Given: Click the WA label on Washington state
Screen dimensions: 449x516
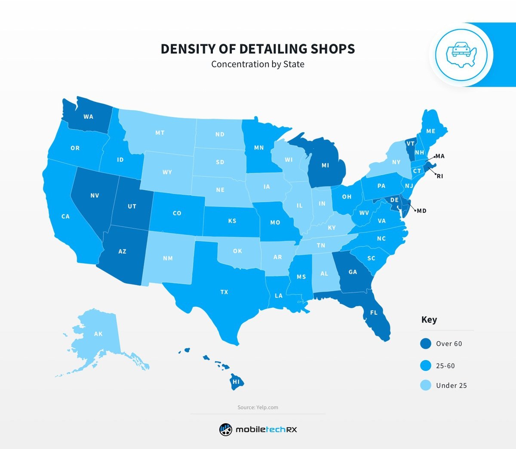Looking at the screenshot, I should coord(88,117).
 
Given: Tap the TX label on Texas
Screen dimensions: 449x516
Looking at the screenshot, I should coord(224,292).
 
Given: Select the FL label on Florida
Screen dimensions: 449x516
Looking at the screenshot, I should coord(374,312).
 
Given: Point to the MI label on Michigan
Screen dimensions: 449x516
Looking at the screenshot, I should coord(325,165).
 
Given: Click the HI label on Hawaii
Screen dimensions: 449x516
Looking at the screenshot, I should coord(236,382).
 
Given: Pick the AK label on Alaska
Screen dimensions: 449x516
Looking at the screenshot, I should coord(98,334).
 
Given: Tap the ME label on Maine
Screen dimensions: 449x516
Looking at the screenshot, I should coord(430,131).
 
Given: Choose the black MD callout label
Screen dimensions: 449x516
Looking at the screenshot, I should coord(421,211).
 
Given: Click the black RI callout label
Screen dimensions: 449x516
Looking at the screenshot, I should coord(440,176).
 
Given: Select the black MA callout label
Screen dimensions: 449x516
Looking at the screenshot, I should coord(440,156).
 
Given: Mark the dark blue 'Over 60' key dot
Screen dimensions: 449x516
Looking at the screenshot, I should coord(426,343).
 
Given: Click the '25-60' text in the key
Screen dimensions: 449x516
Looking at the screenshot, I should coord(445,366).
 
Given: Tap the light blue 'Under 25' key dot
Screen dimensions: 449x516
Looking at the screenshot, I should coord(426,385).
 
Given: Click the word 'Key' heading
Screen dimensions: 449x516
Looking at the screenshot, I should coord(429,320).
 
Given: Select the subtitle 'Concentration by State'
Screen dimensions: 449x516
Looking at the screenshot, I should coord(258,64).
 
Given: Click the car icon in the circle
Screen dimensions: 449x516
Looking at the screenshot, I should coord(461,54).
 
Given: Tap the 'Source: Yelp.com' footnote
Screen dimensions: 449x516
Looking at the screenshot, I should coord(258,407).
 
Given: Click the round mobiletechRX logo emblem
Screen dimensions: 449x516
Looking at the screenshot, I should coord(226,429).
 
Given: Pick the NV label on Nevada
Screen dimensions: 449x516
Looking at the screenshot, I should coord(95,195).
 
